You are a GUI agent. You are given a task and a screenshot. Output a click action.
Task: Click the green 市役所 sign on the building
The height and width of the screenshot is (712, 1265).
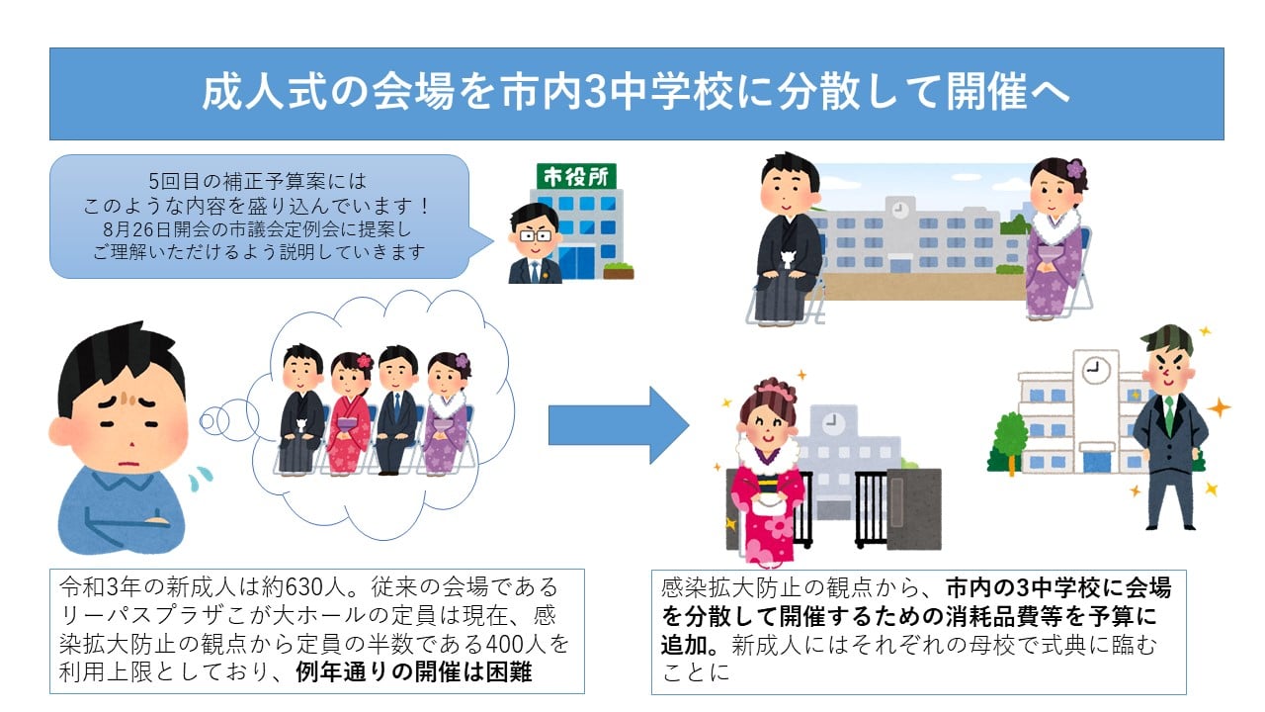[576, 177]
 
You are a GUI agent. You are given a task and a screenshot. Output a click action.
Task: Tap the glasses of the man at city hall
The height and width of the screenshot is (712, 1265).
[535, 235]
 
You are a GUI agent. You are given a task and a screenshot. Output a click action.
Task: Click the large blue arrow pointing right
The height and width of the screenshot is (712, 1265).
[619, 425]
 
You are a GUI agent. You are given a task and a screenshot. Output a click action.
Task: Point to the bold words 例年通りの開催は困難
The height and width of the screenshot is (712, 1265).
[414, 672]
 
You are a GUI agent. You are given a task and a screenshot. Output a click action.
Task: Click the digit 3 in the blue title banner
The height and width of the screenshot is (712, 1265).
[595, 92]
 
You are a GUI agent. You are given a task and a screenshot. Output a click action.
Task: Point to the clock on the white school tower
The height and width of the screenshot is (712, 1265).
[1096, 371]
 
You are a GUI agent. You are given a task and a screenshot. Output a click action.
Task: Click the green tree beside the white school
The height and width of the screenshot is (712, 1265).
[1011, 442]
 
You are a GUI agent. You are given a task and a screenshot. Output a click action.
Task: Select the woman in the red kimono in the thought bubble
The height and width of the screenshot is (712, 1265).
[350, 413]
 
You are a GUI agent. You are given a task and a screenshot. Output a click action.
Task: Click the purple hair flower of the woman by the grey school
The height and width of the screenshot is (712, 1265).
[1074, 169]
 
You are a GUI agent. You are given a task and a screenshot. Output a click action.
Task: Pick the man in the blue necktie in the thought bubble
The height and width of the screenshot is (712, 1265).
[397, 410]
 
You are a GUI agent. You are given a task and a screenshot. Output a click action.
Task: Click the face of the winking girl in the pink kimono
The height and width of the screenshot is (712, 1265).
[767, 425]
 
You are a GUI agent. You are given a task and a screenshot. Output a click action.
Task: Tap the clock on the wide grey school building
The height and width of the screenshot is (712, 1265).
[900, 210]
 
